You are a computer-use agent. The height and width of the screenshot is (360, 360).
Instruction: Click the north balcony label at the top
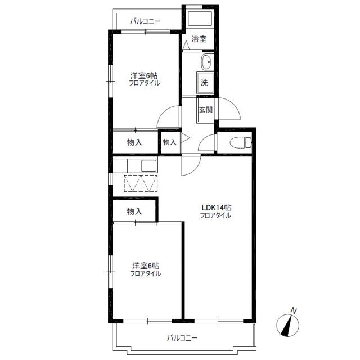point(145,21)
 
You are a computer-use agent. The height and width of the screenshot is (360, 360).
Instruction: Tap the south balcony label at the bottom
point(182,338)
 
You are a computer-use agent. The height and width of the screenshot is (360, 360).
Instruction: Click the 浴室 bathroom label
point(199,39)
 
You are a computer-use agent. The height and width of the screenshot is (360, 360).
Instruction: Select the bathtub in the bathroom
point(200,19)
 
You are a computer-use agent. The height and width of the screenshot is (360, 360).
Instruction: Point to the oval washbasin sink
point(206,62)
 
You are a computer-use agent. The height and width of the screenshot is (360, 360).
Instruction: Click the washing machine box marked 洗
point(205,83)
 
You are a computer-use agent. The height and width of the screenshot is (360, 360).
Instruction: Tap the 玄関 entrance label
point(206,110)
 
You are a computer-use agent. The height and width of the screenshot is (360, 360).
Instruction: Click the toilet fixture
point(241,142)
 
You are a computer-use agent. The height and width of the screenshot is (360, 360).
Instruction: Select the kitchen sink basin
point(148,166)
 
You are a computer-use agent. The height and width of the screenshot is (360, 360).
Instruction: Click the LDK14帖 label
point(216,208)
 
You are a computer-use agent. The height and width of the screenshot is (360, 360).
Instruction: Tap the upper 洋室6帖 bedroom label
point(144,75)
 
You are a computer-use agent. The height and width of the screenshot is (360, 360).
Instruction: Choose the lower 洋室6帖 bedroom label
point(145,266)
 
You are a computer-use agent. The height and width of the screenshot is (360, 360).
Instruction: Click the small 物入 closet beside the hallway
point(169,142)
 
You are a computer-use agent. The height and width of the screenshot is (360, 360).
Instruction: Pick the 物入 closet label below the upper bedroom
point(134,142)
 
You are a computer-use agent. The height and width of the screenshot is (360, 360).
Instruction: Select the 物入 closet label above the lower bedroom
point(134,211)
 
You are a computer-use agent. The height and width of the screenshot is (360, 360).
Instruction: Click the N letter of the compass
point(294,310)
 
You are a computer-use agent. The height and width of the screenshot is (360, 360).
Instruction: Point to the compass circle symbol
point(288,326)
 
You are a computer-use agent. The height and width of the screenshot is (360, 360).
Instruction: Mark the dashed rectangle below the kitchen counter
point(141,183)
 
